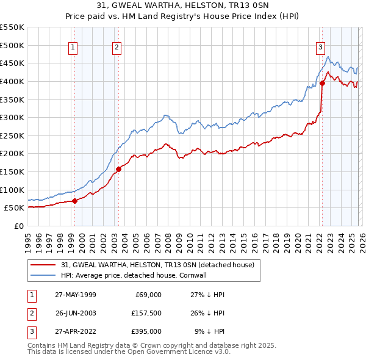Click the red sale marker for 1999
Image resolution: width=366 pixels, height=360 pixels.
click(74, 201)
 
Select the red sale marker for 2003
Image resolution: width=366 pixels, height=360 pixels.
click(118, 169)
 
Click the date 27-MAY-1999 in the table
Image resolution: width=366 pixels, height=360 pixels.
click(75, 295)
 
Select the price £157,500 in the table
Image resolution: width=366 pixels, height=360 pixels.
click(146, 314)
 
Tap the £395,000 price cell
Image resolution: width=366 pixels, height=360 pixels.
click(146, 332)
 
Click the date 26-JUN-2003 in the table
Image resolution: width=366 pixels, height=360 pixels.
click(75, 314)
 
